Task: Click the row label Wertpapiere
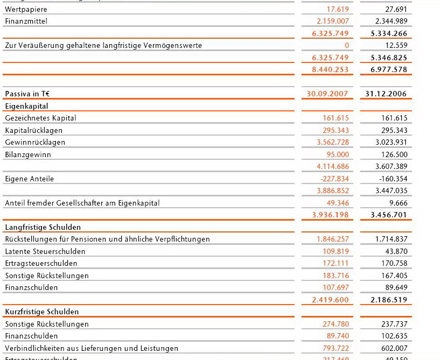[26, 9]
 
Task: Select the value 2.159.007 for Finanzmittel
[333, 21]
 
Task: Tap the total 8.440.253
[330, 69]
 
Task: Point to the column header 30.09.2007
[327, 94]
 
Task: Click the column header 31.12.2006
[386, 94]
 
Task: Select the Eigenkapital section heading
[27, 106]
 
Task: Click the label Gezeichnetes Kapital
[40, 118]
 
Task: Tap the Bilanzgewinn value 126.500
[394, 154]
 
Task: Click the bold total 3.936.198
[330, 215]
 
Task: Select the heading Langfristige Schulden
[43, 227]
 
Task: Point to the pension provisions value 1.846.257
[333, 239]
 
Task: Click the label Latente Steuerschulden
[45, 251]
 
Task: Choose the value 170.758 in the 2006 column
[394, 263]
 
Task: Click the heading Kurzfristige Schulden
[41, 312]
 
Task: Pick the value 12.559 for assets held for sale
[396, 45]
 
